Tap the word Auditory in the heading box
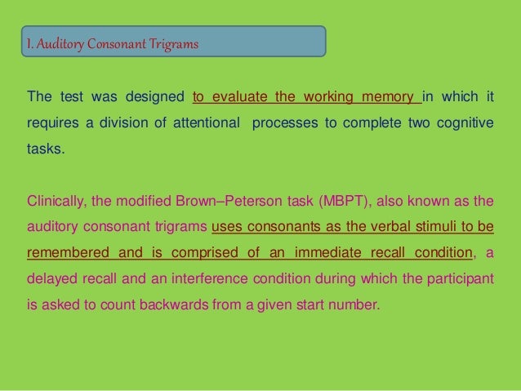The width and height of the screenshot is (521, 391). (64, 42)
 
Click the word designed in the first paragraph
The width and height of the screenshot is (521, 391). (155, 99)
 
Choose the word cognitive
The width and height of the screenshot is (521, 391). (465, 125)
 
